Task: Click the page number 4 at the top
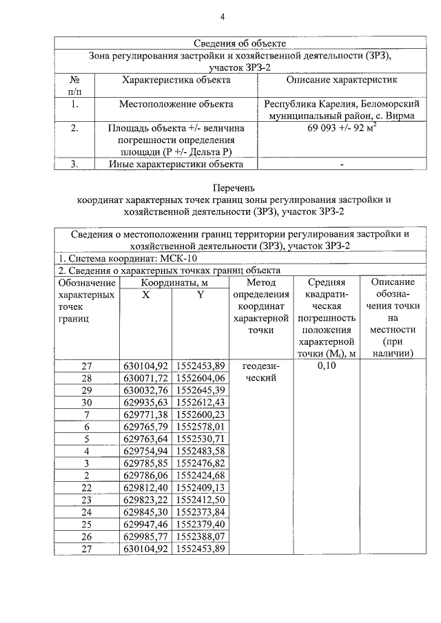click(222, 17)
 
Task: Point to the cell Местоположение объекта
click(176, 104)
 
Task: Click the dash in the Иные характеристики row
click(342, 165)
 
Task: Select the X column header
click(145, 295)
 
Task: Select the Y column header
click(200, 295)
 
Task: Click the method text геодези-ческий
click(260, 372)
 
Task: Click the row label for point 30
click(87, 402)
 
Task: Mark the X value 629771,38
click(145, 414)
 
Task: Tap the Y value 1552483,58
click(201, 450)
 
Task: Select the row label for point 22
click(87, 487)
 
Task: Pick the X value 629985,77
click(145, 536)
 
